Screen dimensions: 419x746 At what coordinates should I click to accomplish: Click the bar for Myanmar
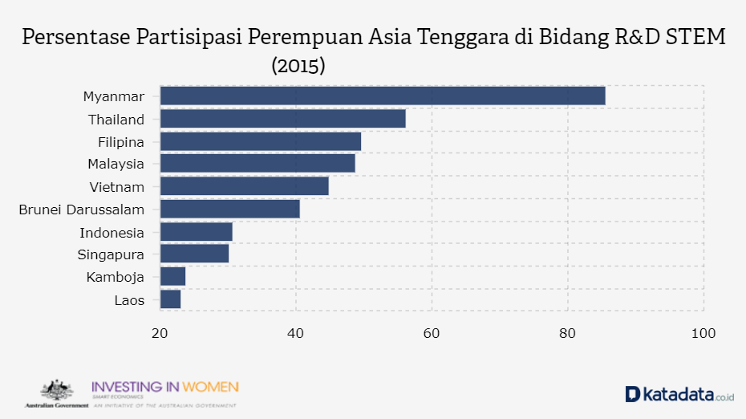click(383, 96)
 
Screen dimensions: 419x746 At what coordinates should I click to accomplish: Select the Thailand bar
click(282, 119)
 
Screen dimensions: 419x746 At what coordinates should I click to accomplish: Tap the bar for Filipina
click(261, 141)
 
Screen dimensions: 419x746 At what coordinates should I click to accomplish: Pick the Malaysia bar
click(257, 164)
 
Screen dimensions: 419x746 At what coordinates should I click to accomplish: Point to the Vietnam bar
click(245, 186)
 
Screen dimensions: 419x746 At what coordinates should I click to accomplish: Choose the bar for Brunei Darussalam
click(230, 209)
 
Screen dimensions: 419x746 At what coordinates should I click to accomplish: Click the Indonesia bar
click(197, 232)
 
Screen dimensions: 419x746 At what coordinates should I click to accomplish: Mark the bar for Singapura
click(195, 254)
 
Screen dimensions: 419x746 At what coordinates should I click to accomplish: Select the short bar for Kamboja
click(173, 276)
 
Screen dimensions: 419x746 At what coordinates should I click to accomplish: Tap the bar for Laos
click(171, 299)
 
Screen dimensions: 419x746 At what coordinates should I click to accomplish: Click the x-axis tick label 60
click(432, 333)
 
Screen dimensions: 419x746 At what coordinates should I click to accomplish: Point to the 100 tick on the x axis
click(703, 333)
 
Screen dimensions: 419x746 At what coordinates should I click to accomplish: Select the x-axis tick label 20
click(160, 333)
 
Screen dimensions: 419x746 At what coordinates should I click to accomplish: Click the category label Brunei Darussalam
click(82, 209)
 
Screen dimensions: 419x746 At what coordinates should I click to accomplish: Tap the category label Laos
click(130, 300)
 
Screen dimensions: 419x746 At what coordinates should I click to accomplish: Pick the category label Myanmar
click(114, 96)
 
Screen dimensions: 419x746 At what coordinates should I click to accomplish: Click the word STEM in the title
click(695, 38)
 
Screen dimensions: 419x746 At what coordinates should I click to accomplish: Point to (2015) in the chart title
click(298, 66)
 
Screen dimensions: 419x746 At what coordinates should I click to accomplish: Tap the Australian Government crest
click(56, 391)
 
